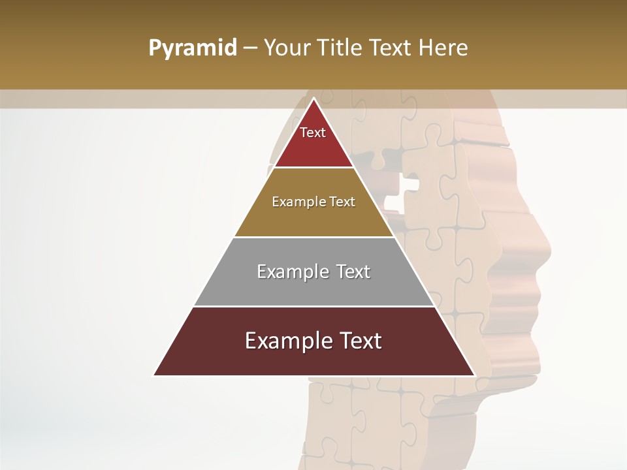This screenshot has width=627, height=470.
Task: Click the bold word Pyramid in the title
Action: coord(193,48)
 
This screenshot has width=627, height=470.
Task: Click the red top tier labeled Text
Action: coord(313,140)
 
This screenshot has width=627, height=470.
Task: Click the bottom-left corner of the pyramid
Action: coord(155,375)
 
